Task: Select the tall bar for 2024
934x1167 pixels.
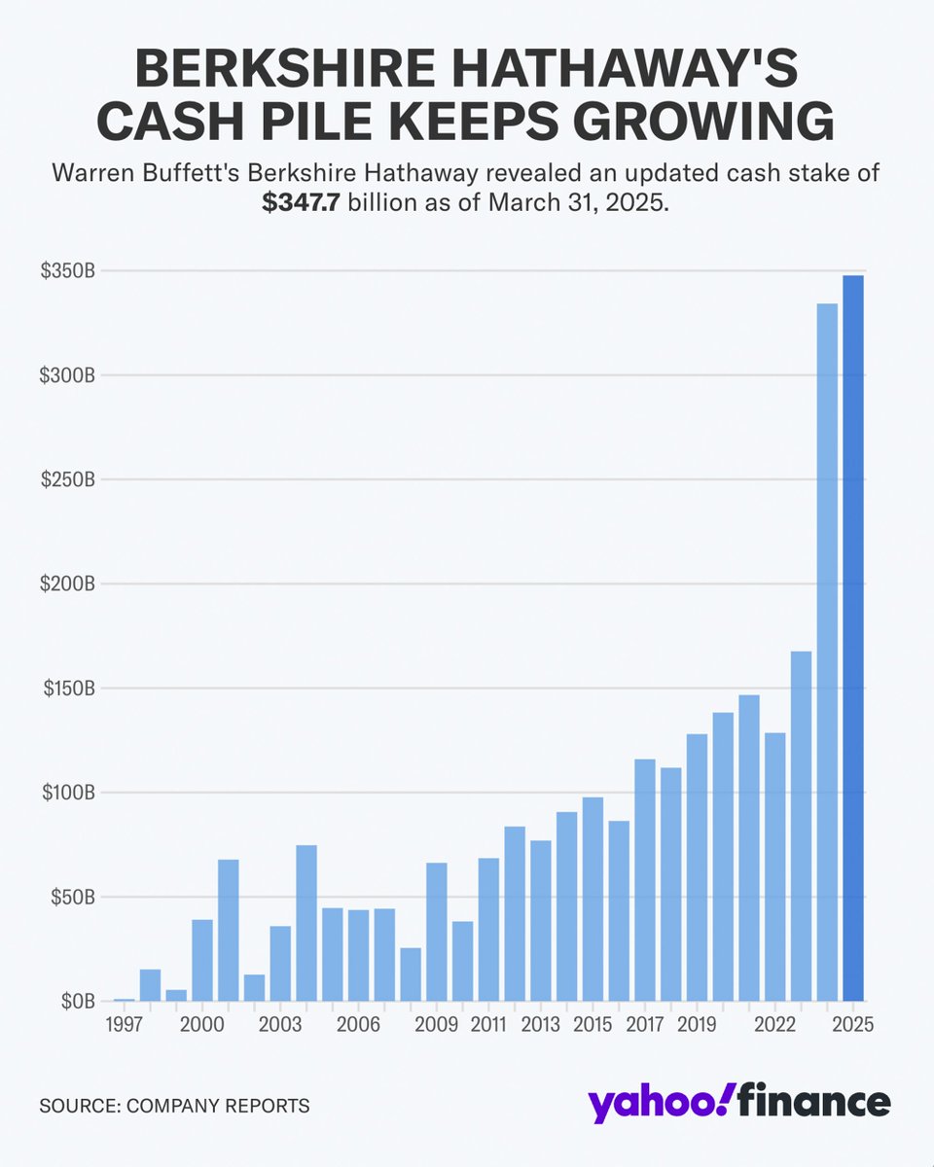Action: click(x=827, y=652)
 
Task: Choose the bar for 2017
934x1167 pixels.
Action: click(x=645, y=880)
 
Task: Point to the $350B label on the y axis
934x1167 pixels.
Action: click(x=67, y=271)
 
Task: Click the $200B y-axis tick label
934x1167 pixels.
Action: click(x=67, y=584)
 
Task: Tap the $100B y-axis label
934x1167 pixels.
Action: click(x=67, y=793)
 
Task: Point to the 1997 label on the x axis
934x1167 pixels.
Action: click(x=125, y=1026)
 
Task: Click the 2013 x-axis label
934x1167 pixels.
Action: click(x=541, y=1026)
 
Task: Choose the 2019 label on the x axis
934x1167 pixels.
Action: click(x=697, y=1026)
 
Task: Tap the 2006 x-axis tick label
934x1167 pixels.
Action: click(x=358, y=1026)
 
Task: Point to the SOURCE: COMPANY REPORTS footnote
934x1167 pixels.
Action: click(x=174, y=1106)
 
